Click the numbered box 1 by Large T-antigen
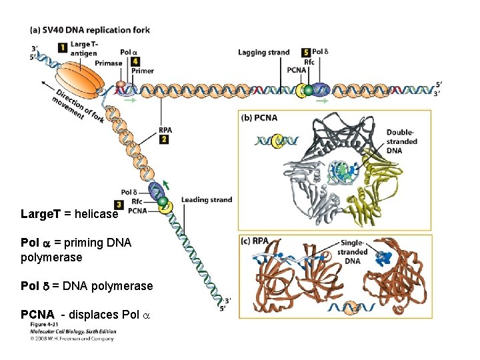[62, 47]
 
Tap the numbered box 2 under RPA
[164, 139]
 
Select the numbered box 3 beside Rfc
[119, 204]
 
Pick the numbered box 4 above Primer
[135, 61]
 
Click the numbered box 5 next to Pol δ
[305, 52]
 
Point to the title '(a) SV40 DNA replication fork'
[89, 30]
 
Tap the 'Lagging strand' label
[264, 52]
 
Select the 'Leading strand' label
[207, 199]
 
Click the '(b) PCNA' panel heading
[261, 118]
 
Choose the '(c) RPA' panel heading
[257, 241]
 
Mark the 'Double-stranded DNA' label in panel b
[401, 141]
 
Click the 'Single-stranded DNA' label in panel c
[354, 252]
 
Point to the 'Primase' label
[108, 63]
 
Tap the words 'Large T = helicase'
[69, 215]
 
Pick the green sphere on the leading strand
[161, 201]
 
